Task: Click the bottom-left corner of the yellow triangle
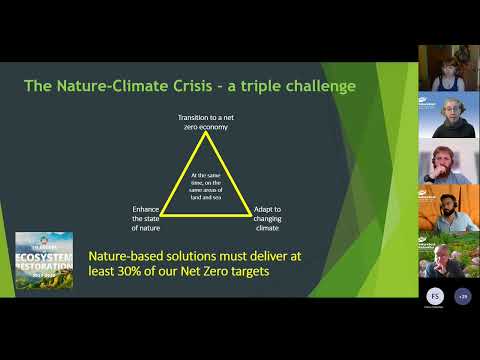pos(161,213)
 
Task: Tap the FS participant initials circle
pos(433,296)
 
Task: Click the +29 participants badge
pos(461,296)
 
